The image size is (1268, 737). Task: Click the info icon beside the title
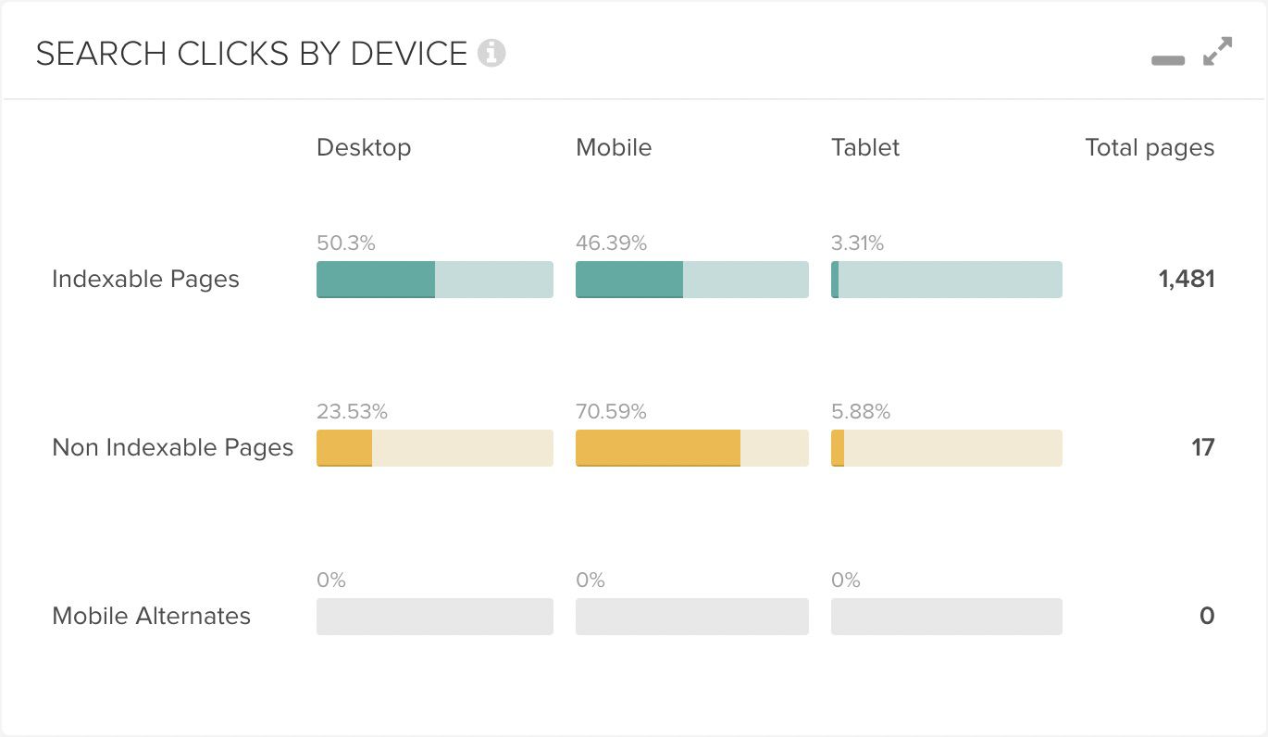click(x=491, y=54)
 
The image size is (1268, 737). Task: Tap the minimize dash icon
click(x=1168, y=60)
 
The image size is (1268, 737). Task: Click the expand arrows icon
click(x=1218, y=52)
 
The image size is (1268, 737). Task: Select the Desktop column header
click(x=364, y=148)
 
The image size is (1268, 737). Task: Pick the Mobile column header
click(x=614, y=147)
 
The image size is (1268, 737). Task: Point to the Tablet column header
click(x=865, y=147)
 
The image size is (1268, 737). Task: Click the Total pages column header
click(x=1150, y=148)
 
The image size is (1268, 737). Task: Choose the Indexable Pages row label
click(x=145, y=279)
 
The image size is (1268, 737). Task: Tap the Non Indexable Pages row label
click(x=173, y=447)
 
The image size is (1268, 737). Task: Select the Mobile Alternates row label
click(x=151, y=615)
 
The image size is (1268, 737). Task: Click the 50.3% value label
click(x=346, y=243)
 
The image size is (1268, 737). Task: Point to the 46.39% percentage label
click(x=612, y=243)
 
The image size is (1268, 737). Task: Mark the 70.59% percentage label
click(x=612, y=411)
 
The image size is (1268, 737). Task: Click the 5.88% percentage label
click(x=861, y=411)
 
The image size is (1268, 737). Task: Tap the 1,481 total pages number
click(x=1187, y=279)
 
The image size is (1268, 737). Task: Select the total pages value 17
click(x=1203, y=447)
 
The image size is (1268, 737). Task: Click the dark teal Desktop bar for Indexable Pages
click(x=376, y=280)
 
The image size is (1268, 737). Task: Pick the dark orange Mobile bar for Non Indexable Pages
click(x=658, y=448)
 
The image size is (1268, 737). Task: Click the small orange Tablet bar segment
click(x=838, y=448)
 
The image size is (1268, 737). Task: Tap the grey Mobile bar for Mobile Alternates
click(x=692, y=617)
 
